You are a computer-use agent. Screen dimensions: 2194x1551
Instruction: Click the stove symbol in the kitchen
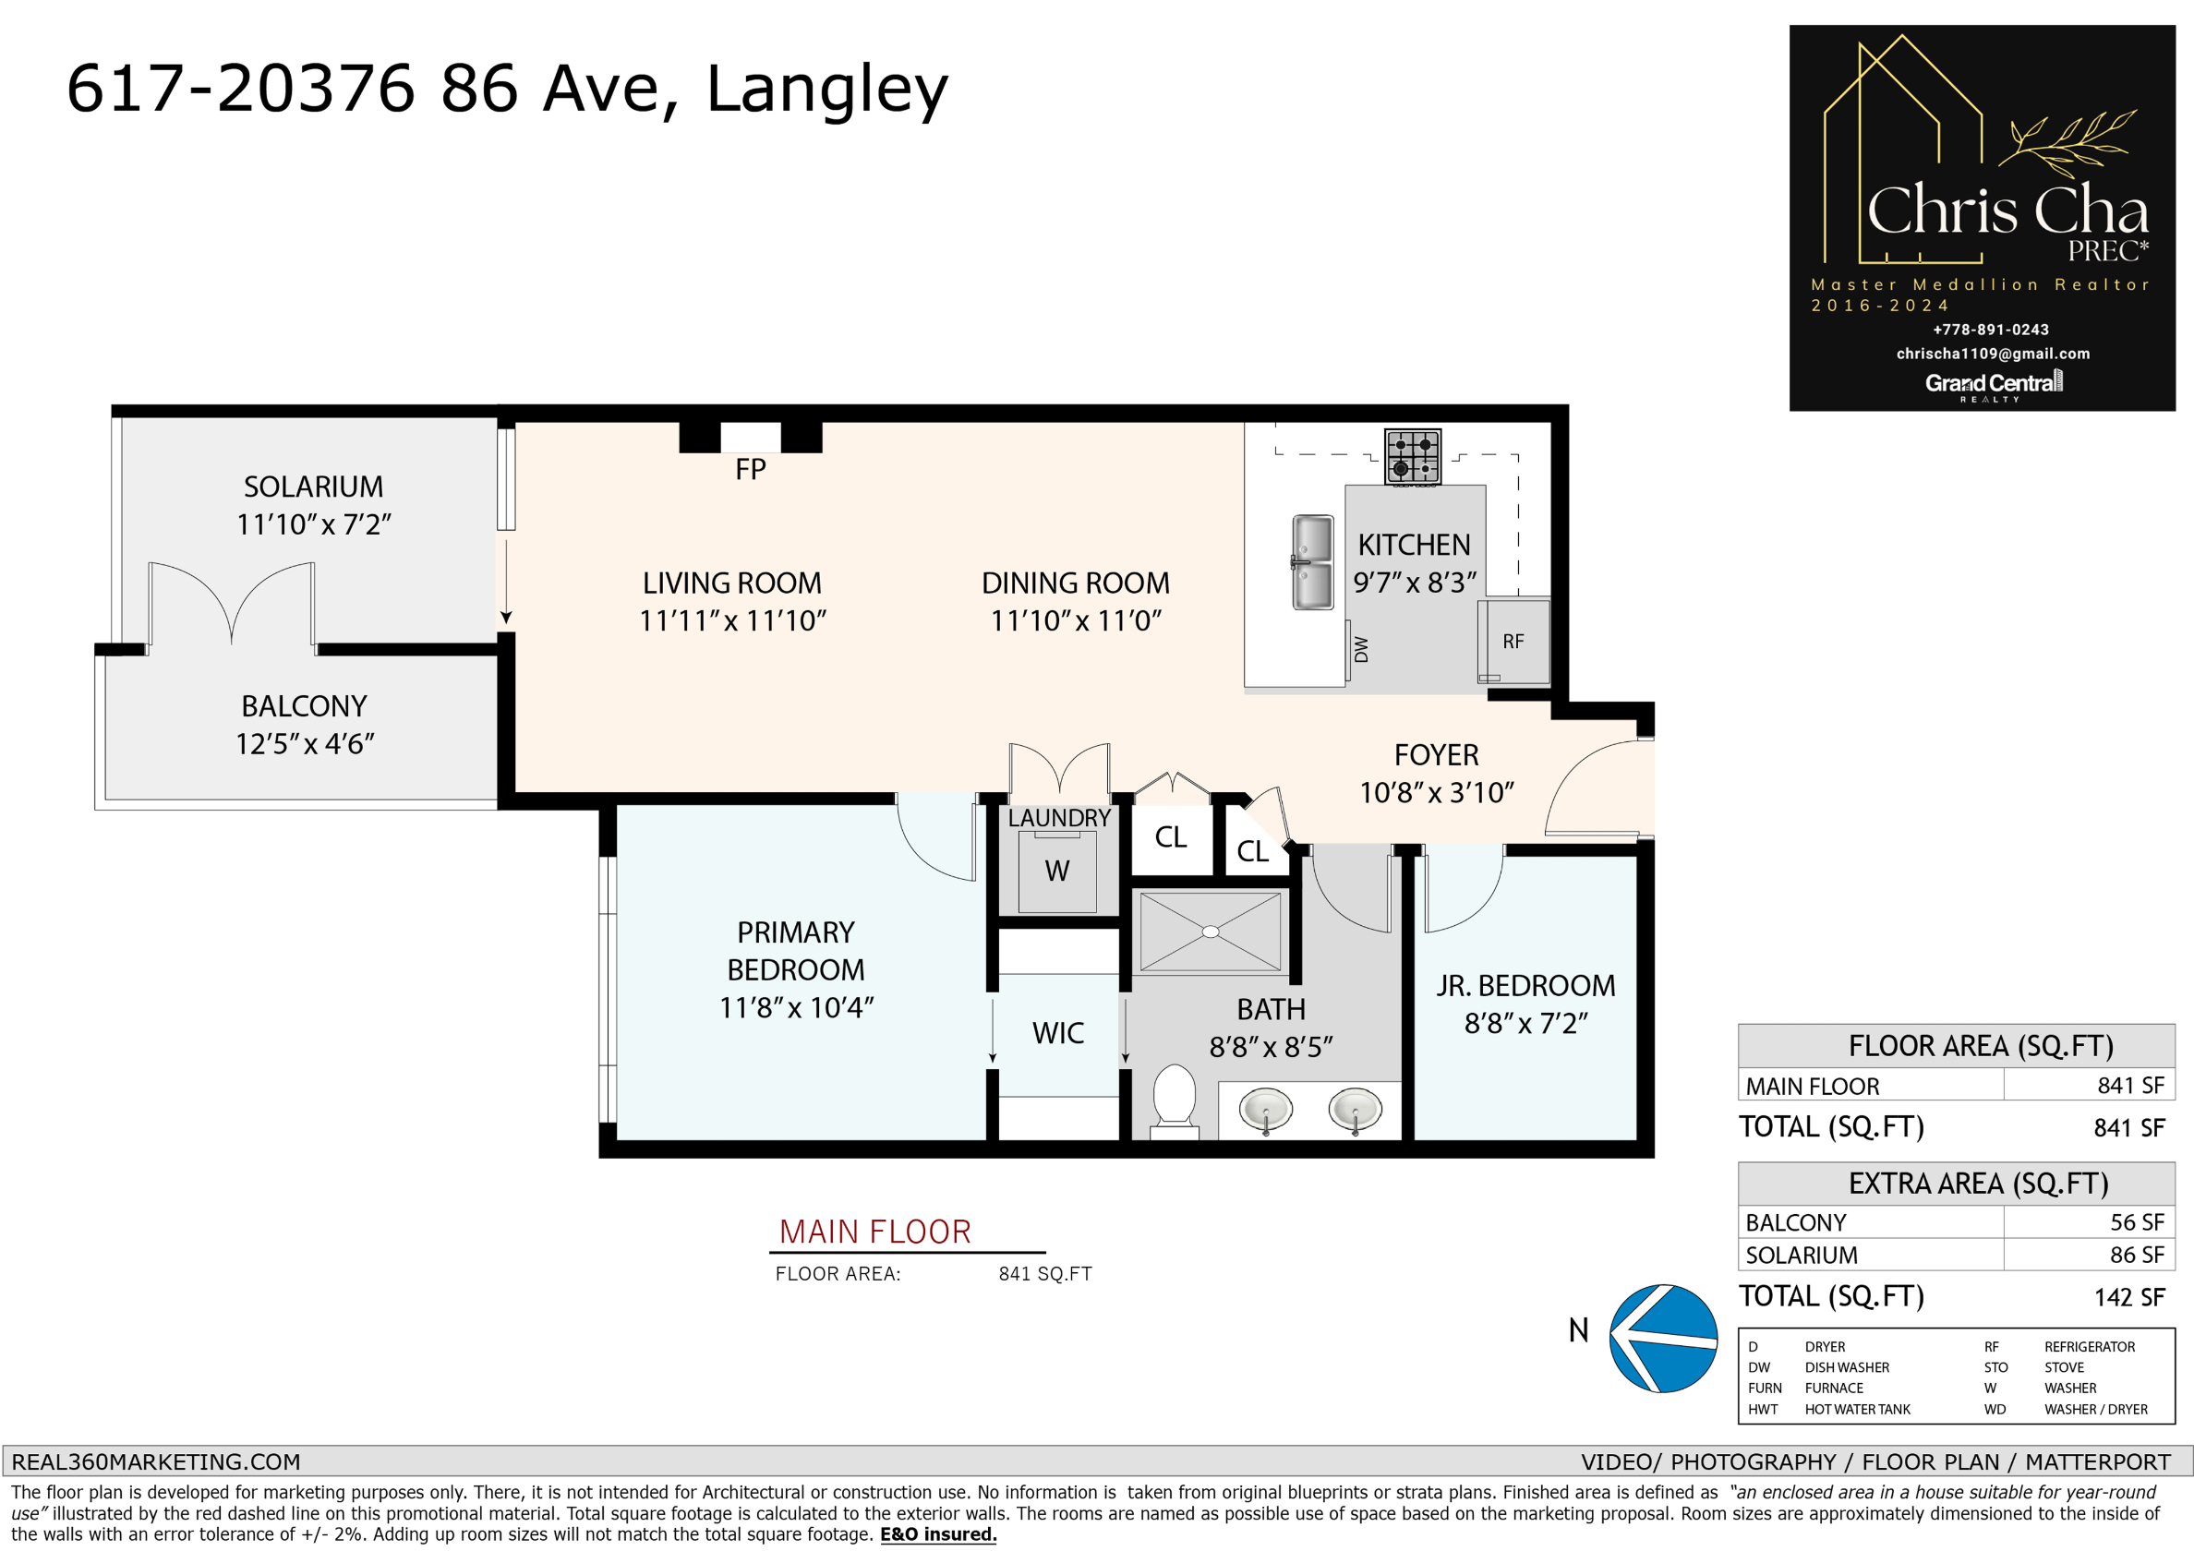coord(1412,457)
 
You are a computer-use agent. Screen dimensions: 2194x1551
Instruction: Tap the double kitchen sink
coord(1312,562)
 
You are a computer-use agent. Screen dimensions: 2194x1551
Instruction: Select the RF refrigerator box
coord(1513,642)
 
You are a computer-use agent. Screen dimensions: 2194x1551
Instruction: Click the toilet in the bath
coord(1175,1101)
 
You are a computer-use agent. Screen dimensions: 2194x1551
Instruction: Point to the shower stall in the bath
coord(1210,932)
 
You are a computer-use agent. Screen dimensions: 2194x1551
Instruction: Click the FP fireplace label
coord(750,469)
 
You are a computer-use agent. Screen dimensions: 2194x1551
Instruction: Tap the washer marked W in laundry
coord(1057,872)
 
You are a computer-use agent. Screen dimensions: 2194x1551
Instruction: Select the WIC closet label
coord(1058,1033)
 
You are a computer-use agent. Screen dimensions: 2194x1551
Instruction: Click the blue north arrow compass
coord(1663,1338)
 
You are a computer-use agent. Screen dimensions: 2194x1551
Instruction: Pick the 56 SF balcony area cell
coord(2137,1222)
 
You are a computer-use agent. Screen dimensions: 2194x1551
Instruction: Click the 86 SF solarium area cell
coord(2137,1255)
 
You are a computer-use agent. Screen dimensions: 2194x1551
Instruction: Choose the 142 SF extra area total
coord(2129,1297)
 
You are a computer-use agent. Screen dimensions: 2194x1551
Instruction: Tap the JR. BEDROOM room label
coord(1526,985)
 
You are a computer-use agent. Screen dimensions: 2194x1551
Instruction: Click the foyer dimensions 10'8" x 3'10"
coord(1437,793)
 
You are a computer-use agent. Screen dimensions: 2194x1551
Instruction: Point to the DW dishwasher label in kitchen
coord(1362,650)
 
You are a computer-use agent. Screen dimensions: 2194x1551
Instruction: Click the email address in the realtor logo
coord(1994,354)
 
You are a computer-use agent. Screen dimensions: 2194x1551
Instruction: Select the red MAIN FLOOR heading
coord(874,1232)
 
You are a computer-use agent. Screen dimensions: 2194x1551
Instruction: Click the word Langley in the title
coord(827,90)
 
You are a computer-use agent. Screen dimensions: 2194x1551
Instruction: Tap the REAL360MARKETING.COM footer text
coord(156,1462)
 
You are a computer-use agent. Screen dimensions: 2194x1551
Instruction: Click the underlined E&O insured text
coord(938,1534)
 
